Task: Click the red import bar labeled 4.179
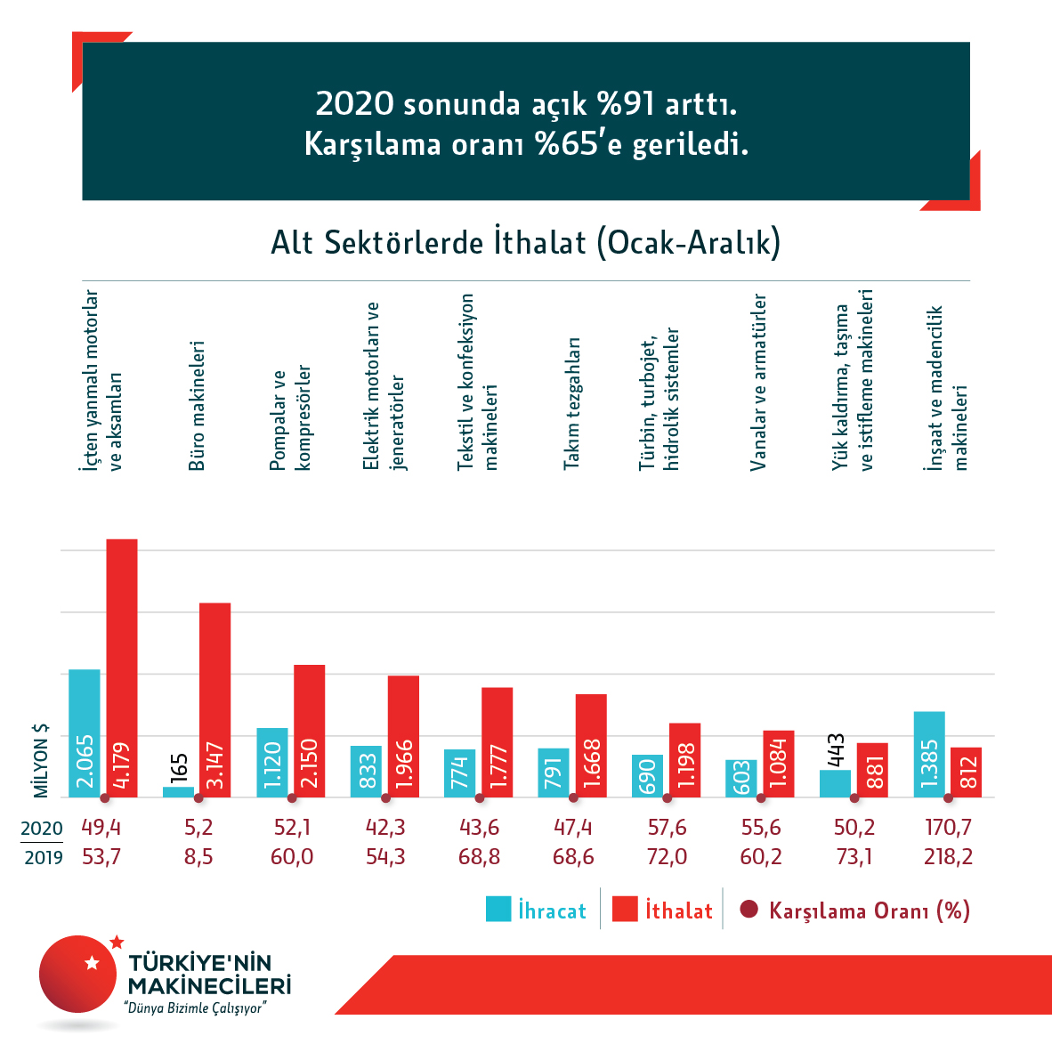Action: coord(122,668)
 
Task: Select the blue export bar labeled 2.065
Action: coord(85,732)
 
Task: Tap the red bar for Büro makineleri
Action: coord(214,700)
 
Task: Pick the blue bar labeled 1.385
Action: coord(929,754)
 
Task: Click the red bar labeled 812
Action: coord(966,772)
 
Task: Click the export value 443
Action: coord(835,750)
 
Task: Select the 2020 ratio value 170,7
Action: coord(948,828)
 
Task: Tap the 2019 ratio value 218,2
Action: coord(948,857)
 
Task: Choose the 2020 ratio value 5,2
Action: coord(198,828)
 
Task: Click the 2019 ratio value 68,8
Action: coord(479,857)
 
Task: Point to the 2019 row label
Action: coord(42,858)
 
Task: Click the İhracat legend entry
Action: coord(536,910)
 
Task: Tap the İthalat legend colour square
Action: coord(626,910)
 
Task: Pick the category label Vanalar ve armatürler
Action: coord(758,383)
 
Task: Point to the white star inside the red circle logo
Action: coord(91,962)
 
